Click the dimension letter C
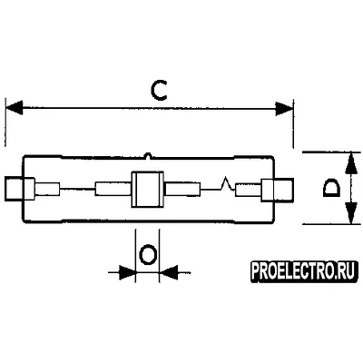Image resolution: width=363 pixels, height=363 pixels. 159,90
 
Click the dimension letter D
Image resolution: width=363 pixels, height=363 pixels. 331,188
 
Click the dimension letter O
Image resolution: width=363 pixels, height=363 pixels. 147,255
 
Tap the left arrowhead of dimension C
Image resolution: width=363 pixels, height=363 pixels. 14,107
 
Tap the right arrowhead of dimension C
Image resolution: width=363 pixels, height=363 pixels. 284,108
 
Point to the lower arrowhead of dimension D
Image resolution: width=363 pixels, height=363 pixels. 350,213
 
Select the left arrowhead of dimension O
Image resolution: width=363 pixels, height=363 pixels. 127,272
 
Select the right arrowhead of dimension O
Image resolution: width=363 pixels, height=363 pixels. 168,272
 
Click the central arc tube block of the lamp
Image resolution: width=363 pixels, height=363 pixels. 147,190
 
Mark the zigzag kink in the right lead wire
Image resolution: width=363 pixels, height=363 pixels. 225,183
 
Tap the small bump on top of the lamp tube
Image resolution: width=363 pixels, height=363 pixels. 148,155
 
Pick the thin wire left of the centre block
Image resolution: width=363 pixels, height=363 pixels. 77,189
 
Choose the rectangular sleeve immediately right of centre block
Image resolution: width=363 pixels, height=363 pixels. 182,190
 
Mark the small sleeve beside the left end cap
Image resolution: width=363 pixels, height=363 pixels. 47,189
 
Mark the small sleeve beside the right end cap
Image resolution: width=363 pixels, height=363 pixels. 249,191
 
